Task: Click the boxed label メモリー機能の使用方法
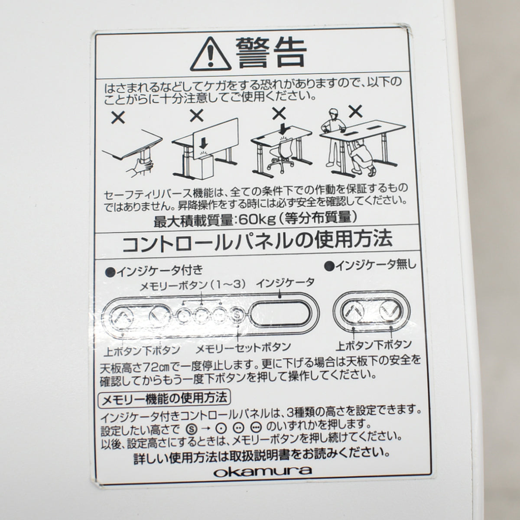(164, 396)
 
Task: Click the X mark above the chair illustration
(279, 114)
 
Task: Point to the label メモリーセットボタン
(243, 348)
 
